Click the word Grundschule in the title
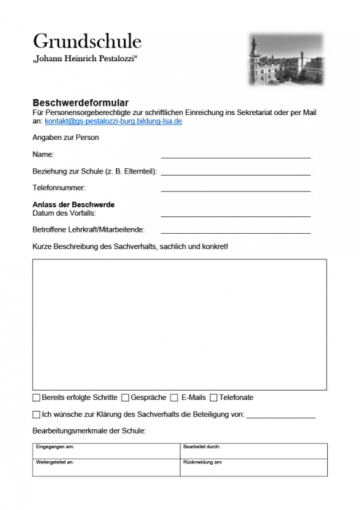[x=87, y=41]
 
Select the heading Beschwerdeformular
[x=81, y=103]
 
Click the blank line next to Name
[x=235, y=155]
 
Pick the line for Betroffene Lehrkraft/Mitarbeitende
[x=235, y=231]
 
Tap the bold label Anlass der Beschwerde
[x=74, y=205]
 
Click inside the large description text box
[x=179, y=324]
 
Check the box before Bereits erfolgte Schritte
[x=36, y=398]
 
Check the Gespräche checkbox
[x=125, y=398]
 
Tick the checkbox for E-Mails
[x=173, y=398]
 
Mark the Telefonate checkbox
[x=214, y=398]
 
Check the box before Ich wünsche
[x=36, y=415]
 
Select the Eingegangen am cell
[x=106, y=450]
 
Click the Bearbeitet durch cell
[x=253, y=450]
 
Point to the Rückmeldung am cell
[x=253, y=467]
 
